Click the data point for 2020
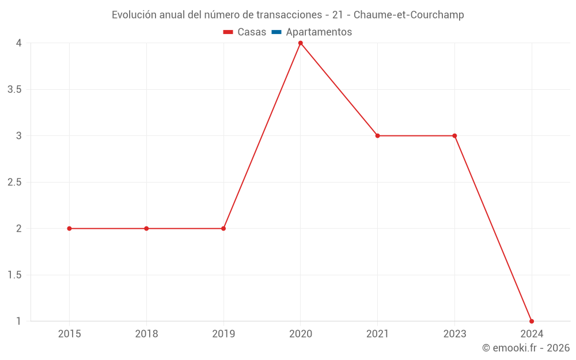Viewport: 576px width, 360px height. [x=301, y=43]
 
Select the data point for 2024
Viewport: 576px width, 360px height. [x=532, y=321]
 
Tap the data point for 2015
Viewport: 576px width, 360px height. [x=69, y=229]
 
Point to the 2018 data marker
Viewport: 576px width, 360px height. [x=146, y=229]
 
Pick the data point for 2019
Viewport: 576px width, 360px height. [x=223, y=229]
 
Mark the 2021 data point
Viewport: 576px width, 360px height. [x=377, y=136]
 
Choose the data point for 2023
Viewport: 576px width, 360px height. [x=454, y=136]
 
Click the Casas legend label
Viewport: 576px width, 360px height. [x=252, y=32]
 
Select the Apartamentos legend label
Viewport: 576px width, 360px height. [x=319, y=32]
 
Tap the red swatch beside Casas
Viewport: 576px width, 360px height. [x=228, y=32]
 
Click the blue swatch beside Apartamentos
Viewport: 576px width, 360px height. [x=276, y=32]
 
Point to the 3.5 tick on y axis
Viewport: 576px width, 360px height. [x=14, y=89]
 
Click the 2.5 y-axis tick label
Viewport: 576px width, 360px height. [x=14, y=182]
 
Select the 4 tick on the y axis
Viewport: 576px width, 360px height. [x=18, y=43]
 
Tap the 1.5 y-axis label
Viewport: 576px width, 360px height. [x=14, y=275]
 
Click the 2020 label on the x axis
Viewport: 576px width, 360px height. [x=301, y=334]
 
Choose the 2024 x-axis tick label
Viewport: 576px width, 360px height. [x=532, y=334]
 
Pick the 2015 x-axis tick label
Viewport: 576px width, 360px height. [x=69, y=334]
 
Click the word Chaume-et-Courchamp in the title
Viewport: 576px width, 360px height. [x=409, y=15]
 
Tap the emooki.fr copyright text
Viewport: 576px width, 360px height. [x=526, y=348]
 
